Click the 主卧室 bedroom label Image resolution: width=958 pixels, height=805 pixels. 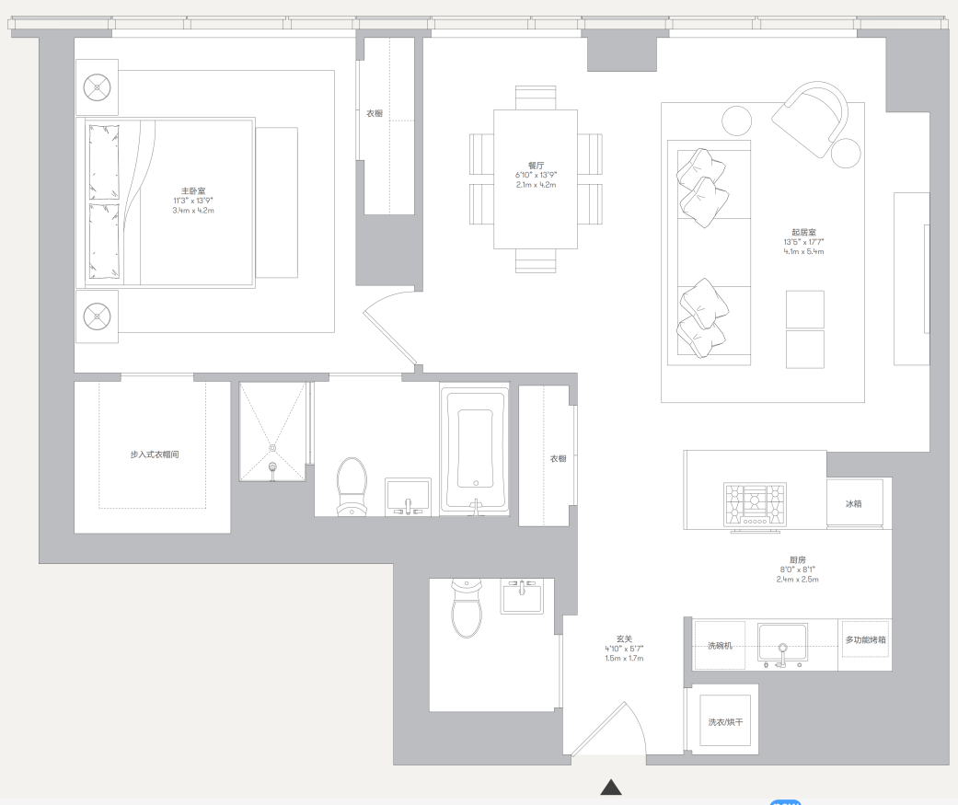pos(193,191)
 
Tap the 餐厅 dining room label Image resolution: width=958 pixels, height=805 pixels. pos(536,166)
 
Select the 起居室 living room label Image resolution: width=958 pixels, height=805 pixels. pos(803,232)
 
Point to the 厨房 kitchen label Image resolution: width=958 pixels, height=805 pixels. pos(797,559)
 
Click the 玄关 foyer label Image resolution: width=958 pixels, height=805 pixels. pos(624,638)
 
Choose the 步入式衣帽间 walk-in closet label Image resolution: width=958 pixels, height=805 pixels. pos(155,454)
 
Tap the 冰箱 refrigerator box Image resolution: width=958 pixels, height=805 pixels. pos(855,502)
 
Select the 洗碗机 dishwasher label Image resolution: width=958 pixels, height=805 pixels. pos(720,646)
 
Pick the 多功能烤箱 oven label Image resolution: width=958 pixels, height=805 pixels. pos(865,639)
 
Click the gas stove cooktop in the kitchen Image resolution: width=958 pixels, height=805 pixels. pos(755,505)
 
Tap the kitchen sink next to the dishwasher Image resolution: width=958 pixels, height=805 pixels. pos(782,644)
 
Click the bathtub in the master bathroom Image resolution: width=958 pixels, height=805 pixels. pos(475,450)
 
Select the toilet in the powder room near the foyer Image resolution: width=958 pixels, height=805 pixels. pos(467,608)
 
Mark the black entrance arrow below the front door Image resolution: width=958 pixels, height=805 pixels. pos(611,788)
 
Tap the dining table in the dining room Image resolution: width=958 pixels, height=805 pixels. pos(536,179)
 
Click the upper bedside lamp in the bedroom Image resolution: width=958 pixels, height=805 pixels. pos(97,86)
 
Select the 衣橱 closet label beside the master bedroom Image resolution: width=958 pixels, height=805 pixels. pos(375,113)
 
